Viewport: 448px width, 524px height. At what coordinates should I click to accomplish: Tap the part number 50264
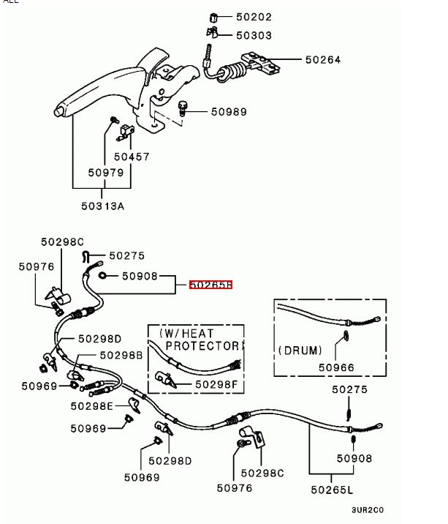[323, 59]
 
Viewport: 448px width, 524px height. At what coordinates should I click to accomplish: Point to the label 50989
[229, 112]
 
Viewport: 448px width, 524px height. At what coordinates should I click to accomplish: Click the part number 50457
[132, 157]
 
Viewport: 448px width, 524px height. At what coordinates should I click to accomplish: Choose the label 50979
[106, 173]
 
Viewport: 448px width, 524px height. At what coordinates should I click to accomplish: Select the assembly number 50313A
[102, 206]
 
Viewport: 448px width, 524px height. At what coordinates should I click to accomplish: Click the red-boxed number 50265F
[210, 285]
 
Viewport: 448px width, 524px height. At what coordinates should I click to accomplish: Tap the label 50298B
[121, 355]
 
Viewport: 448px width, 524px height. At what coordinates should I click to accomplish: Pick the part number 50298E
[92, 405]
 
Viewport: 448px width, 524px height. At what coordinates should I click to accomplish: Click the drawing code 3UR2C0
[367, 510]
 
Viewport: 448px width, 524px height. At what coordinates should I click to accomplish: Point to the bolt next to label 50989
[183, 110]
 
